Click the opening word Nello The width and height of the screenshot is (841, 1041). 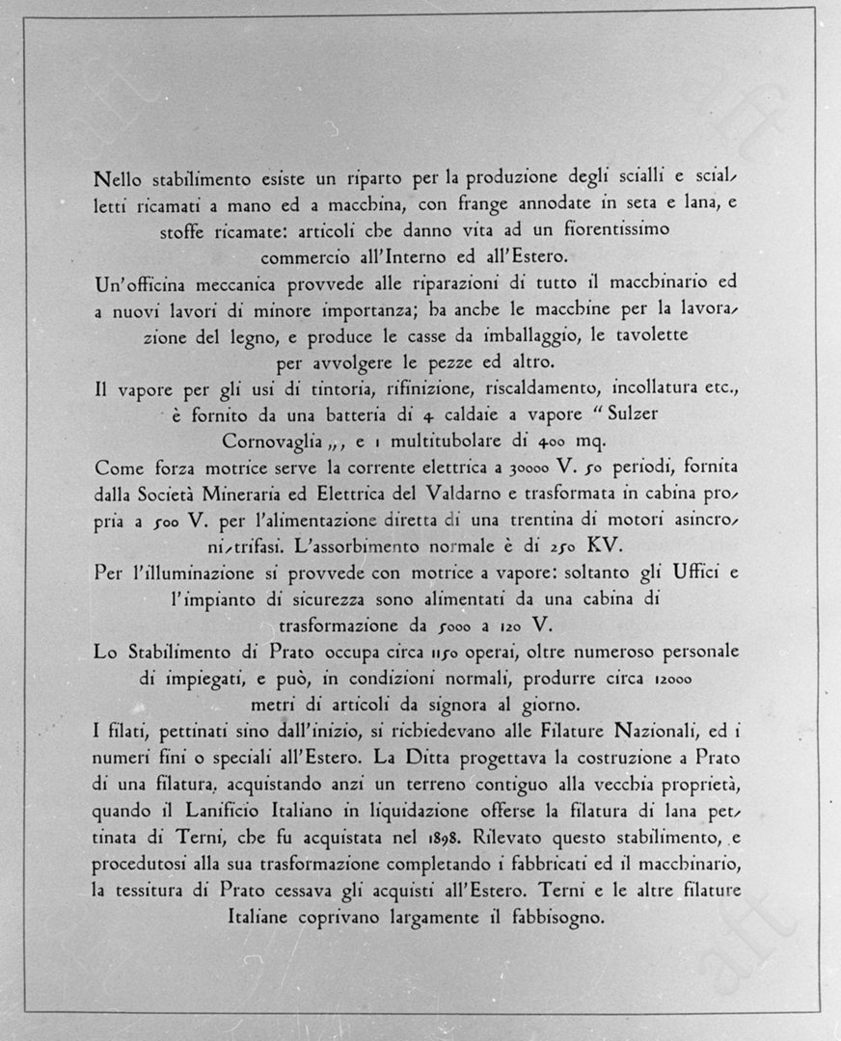click(118, 178)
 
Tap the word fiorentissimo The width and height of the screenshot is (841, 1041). click(606, 230)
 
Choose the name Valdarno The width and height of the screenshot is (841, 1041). click(467, 494)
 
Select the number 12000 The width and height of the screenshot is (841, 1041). click(672, 678)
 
